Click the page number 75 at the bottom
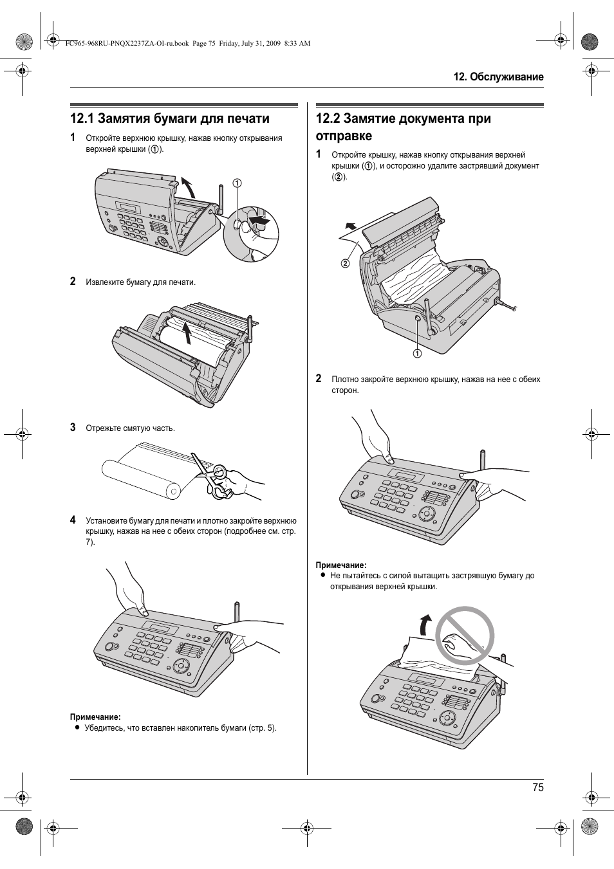coord(537,787)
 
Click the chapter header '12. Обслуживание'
coord(498,77)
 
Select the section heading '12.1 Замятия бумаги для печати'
coord(170,118)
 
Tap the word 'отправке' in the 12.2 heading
coord(344,136)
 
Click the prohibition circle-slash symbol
coord(465,636)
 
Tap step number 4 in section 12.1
coord(73,520)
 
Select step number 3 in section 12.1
coord(73,427)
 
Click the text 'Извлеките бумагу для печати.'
coord(140,282)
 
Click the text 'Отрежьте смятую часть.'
coord(130,428)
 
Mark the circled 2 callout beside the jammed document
coord(346,262)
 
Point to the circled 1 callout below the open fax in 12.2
coord(417,353)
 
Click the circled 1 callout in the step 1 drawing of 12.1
coord(237,183)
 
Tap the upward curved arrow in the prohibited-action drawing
coord(425,625)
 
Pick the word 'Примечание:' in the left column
coord(95,717)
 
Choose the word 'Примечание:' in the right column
coord(340,565)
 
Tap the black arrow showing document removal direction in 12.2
coord(350,226)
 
